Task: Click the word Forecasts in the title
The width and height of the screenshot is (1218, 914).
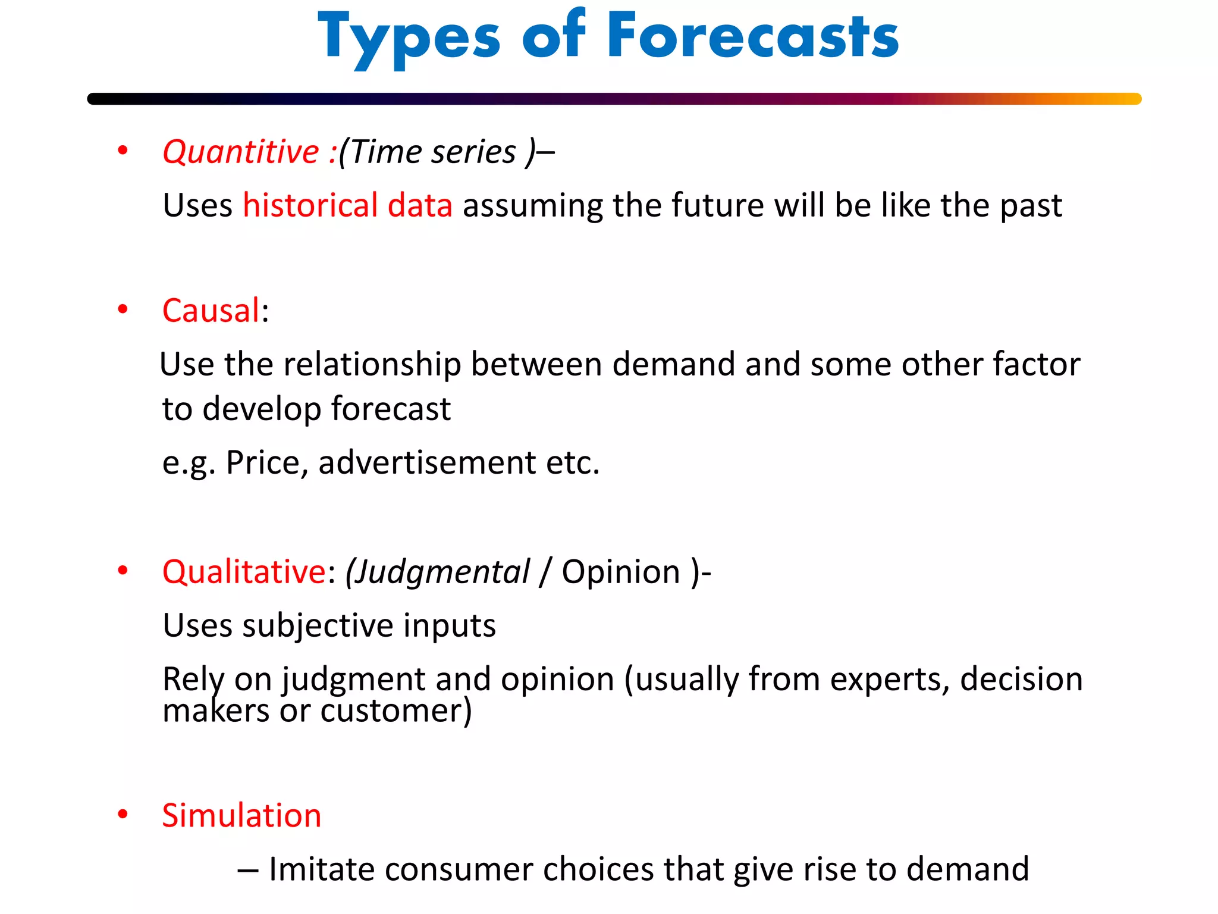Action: tap(752, 37)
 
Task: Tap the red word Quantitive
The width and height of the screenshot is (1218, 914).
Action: tap(241, 152)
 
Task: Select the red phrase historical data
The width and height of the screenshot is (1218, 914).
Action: tap(347, 205)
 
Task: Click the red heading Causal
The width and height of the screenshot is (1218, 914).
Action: tap(211, 311)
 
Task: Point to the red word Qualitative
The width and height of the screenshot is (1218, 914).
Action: tap(244, 572)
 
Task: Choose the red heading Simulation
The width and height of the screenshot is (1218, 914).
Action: tap(241, 815)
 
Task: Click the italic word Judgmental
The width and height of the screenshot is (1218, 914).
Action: tap(438, 572)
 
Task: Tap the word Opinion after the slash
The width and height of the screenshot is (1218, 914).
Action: tap(621, 572)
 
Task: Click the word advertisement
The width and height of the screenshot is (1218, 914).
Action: tap(427, 463)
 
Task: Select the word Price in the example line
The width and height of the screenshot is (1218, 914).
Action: tap(266, 463)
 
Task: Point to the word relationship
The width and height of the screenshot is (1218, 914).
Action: tap(372, 364)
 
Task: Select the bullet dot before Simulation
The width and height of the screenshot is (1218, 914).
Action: tap(123, 814)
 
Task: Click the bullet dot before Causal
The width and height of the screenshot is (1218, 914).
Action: tap(123, 309)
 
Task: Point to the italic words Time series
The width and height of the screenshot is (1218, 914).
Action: tap(433, 152)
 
